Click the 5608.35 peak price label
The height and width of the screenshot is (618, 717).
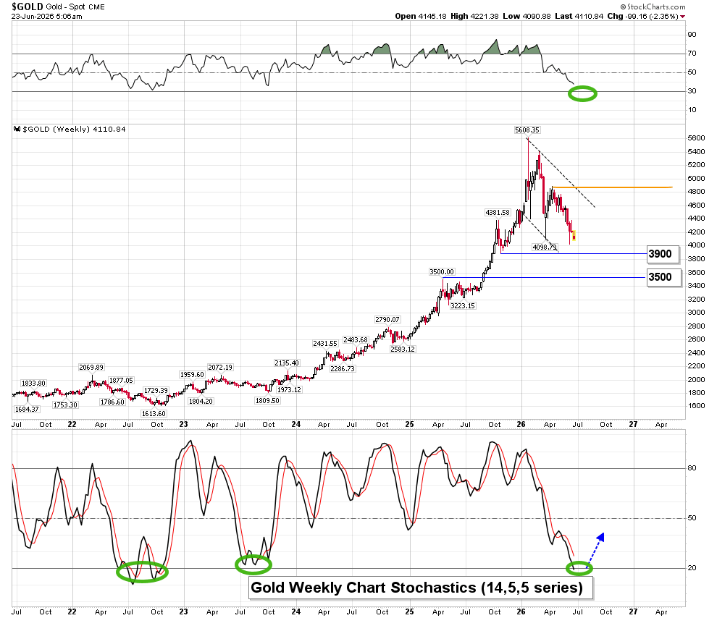click(x=527, y=130)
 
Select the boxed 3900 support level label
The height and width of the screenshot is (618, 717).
click(x=660, y=254)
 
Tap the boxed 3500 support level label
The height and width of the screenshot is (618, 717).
click(x=660, y=277)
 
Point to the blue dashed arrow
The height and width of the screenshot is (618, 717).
click(x=595, y=550)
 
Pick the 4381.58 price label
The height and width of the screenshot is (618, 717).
click(x=497, y=213)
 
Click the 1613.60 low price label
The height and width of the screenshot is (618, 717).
click(x=154, y=413)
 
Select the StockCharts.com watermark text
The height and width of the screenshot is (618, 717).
click(x=653, y=7)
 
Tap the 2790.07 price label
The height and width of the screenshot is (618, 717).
click(x=387, y=320)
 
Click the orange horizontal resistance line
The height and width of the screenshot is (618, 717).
click(x=612, y=187)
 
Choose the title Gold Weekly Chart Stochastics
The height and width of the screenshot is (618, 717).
click(x=416, y=588)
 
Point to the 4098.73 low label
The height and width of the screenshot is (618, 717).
click(x=545, y=247)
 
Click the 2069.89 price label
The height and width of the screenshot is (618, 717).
click(x=91, y=367)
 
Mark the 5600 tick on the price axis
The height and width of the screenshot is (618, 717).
click(x=696, y=138)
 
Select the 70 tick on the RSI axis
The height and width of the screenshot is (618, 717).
click(x=692, y=54)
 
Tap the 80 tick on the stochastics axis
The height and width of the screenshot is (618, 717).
click(x=692, y=468)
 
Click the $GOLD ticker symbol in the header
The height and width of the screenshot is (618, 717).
click(x=28, y=7)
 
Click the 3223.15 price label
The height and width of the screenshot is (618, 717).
click(x=462, y=305)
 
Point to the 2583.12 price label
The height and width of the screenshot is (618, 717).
click(x=403, y=350)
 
